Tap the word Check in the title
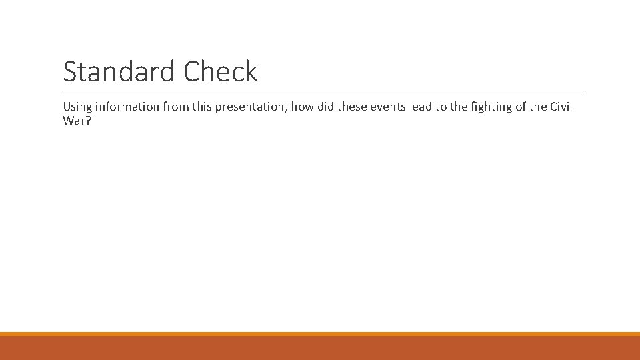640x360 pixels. [220, 72]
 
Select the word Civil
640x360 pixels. [561, 107]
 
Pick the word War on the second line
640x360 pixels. [73, 121]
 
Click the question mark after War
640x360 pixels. [87, 121]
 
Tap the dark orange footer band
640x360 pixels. [320, 348]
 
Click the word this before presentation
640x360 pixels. [209, 107]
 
